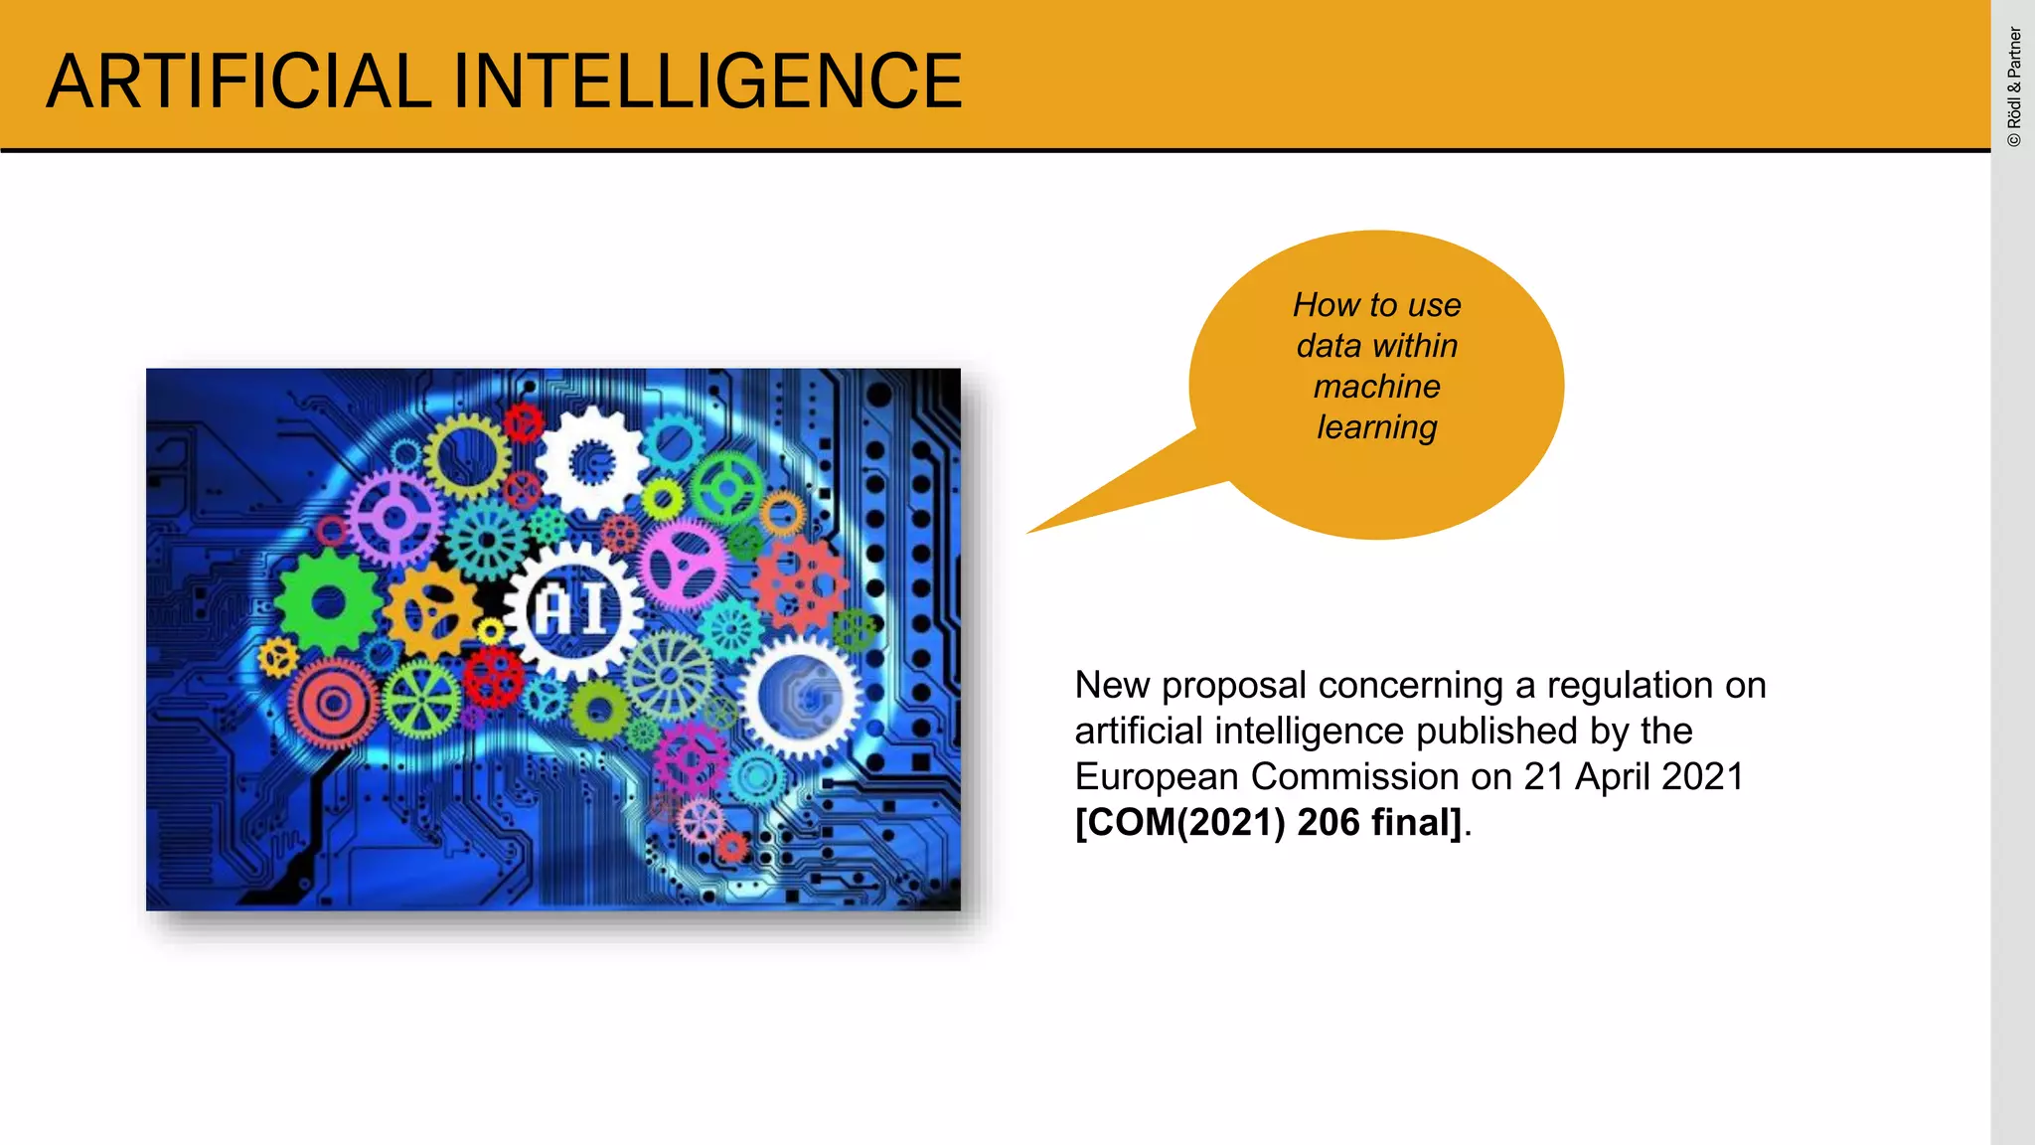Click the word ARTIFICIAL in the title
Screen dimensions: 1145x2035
pyautogui.click(x=238, y=82)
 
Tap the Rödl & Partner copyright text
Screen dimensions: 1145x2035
pyautogui.click(x=2014, y=87)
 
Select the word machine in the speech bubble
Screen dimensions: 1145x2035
pyautogui.click(x=1376, y=387)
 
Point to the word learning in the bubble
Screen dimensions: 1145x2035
pyautogui.click(x=1376, y=427)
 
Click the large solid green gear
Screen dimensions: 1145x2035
pyautogui.click(x=328, y=600)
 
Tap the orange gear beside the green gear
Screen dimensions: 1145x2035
pyautogui.click(x=431, y=610)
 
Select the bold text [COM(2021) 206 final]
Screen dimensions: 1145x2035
pyautogui.click(x=1269, y=823)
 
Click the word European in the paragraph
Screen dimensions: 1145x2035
pyautogui.click(x=1157, y=777)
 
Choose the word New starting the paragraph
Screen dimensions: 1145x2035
pyautogui.click(x=1111, y=686)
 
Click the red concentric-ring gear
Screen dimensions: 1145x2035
pyautogui.click(x=334, y=704)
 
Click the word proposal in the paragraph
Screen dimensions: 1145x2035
pyautogui.click(x=1233, y=686)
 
